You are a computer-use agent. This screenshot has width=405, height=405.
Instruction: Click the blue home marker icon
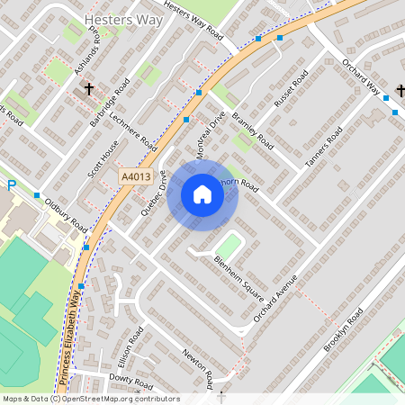202,193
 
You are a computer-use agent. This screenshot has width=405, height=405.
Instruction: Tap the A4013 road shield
136,178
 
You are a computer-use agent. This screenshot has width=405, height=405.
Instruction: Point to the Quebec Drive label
154,193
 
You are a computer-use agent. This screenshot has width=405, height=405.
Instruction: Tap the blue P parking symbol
12,186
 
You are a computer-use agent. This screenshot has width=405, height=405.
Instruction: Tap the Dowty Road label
126,380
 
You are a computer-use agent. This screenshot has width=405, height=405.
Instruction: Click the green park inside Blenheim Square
228,245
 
